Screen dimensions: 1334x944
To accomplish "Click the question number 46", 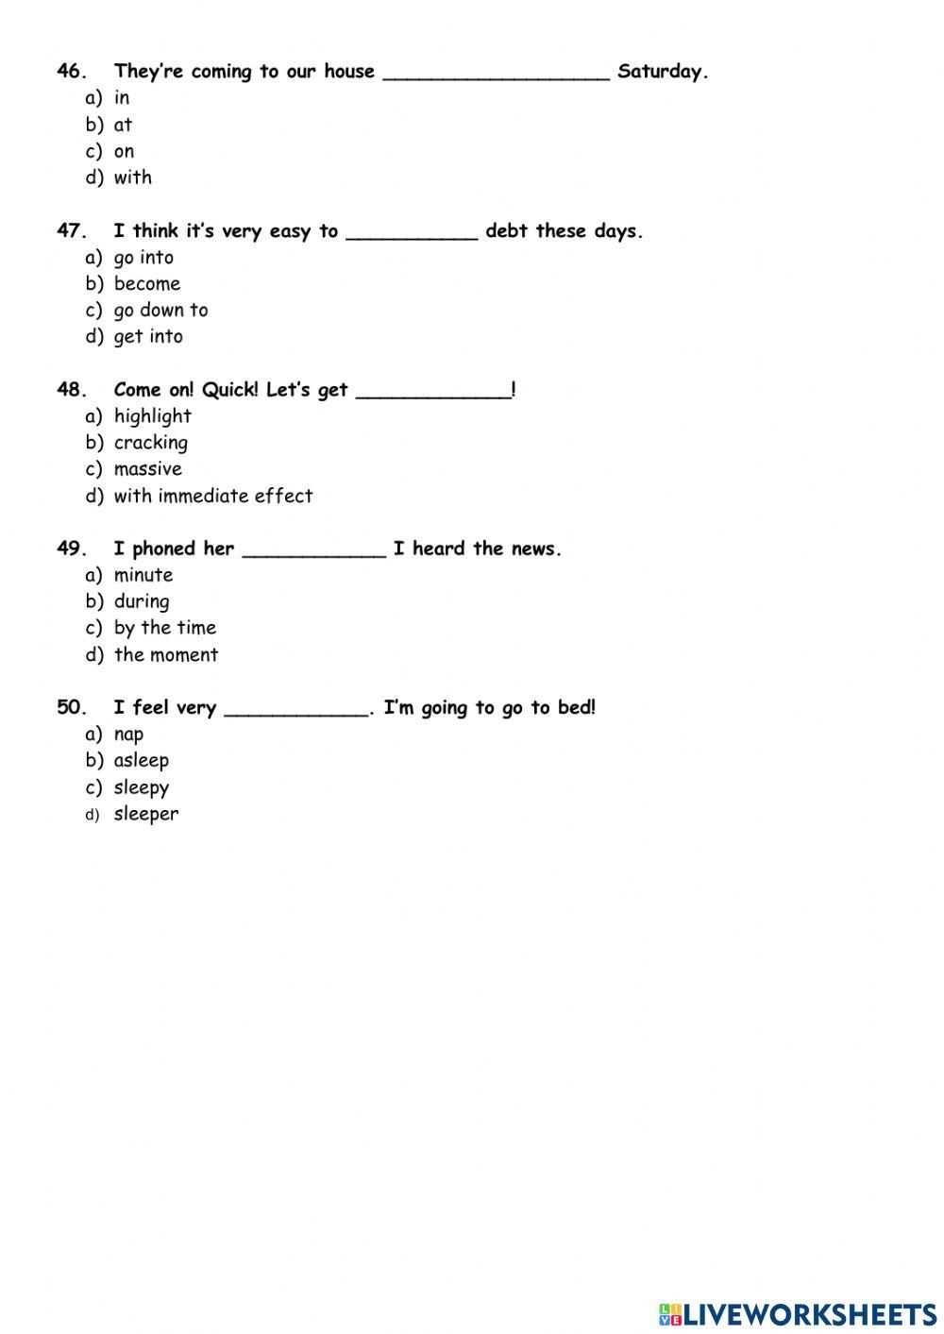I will point(72,72).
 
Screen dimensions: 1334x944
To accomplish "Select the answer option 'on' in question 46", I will point(124,151).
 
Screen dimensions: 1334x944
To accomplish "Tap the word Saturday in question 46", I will point(662,72).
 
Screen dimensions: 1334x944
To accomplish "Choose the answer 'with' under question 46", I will point(132,177).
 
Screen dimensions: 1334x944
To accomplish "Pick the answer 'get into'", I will point(148,337).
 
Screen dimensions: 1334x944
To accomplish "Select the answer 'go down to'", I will point(160,311).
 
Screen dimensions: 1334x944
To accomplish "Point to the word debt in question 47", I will point(506,231).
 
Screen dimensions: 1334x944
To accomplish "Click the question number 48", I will point(72,390).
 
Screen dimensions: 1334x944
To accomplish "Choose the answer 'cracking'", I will point(150,443).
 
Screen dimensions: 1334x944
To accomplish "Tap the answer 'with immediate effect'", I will point(212,496).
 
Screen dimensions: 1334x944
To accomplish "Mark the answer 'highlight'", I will point(152,416).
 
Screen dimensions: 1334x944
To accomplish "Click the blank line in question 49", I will point(314,554).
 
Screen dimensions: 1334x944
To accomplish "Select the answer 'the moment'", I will point(165,655).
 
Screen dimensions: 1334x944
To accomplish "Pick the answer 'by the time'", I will point(164,628).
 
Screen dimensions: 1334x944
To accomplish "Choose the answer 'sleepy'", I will point(141,787).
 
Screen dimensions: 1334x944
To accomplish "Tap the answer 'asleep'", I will point(141,761).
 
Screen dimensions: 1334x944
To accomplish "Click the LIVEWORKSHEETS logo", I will point(798,1313).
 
